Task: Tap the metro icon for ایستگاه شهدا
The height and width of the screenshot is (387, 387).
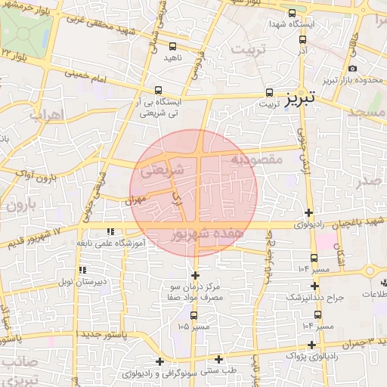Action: coord(293,13)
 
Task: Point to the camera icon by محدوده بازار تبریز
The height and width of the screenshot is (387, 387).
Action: coord(352,70)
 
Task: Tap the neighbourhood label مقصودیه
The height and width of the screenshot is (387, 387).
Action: coord(255,159)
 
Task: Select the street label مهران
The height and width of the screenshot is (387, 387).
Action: coord(135,200)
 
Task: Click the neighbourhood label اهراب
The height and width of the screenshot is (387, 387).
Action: coord(45,116)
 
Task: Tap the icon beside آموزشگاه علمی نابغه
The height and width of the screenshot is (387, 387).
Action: coord(110,232)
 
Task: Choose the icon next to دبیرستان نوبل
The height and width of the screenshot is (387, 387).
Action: coord(82,270)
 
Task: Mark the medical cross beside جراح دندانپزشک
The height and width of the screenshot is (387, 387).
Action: coord(315,286)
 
